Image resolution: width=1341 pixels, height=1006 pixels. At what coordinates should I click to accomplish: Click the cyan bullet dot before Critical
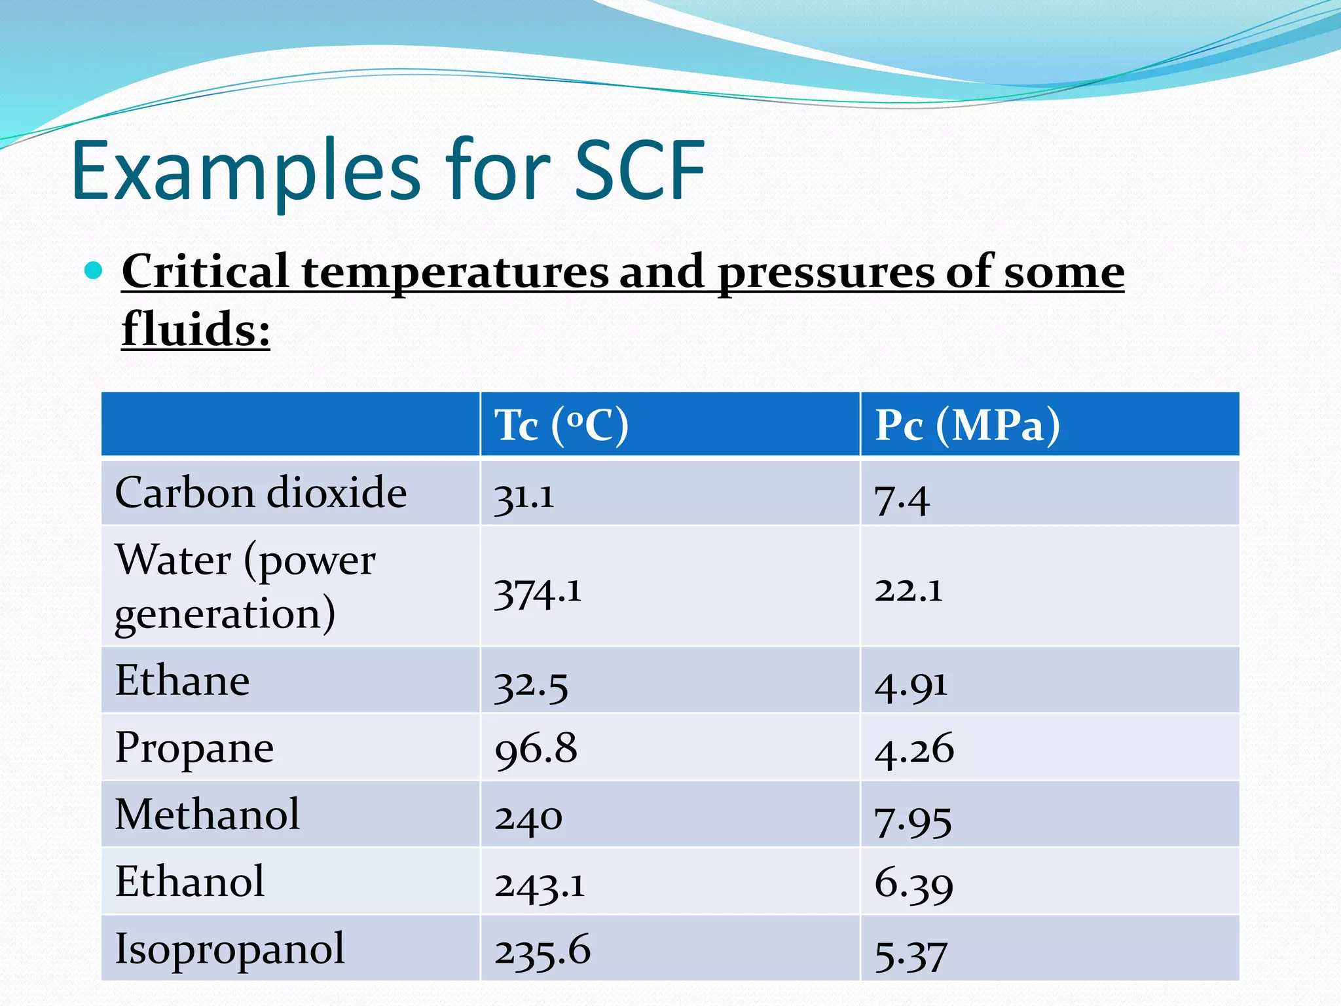coord(94,270)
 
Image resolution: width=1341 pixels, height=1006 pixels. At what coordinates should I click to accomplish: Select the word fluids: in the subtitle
coord(196,329)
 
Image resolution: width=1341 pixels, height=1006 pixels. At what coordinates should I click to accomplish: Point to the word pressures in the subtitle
coord(824,272)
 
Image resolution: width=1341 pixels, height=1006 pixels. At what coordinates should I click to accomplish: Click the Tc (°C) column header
coord(561,425)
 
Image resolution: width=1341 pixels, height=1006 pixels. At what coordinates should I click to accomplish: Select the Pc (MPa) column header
coord(966,425)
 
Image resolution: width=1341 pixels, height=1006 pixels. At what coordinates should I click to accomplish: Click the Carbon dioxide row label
coord(261,493)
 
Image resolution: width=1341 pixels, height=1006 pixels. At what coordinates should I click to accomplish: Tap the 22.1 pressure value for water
coord(908,589)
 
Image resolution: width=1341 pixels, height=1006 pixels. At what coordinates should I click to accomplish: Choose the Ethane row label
coord(182,680)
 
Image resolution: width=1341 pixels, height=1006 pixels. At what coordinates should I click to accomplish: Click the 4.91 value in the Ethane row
coord(911,685)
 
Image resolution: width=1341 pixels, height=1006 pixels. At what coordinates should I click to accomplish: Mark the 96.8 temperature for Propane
coord(536,749)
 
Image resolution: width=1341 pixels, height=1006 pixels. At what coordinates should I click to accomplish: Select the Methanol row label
coord(207,815)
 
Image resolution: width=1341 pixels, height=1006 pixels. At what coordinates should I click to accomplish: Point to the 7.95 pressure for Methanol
coord(913,820)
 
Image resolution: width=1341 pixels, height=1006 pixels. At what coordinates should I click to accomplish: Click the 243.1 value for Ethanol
coord(539,885)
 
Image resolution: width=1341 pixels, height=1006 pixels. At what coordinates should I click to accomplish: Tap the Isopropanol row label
coord(229,948)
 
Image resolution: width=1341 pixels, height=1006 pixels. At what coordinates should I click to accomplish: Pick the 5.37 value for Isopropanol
coord(911,954)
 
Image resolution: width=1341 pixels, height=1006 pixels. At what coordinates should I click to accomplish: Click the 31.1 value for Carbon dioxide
coord(524,496)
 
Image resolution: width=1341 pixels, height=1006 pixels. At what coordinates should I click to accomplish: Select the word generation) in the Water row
coord(225,614)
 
